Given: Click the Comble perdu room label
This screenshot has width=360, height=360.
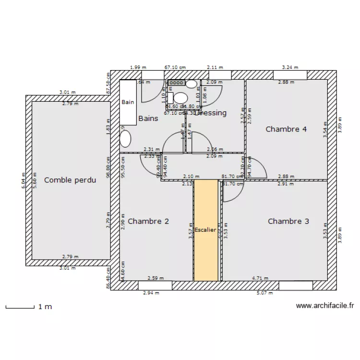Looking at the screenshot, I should point(70,180).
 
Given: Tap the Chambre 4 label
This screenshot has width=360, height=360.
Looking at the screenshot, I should point(286,129).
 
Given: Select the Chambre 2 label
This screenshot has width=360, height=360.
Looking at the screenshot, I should point(148,221).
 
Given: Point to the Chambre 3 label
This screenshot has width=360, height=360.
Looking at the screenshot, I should point(288,221).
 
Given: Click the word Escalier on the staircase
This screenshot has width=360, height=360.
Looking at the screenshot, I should point(205,230).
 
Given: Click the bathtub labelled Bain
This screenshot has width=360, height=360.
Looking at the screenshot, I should point(128,102).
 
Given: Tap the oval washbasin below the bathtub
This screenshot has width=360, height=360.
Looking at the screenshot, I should point(125,139).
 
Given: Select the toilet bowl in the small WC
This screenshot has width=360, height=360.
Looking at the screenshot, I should point(180,98).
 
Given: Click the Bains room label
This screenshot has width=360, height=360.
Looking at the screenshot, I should point(148,118).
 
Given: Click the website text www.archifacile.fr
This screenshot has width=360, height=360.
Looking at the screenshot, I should point(325,305).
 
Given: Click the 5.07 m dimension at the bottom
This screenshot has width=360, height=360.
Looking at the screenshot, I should point(264,293).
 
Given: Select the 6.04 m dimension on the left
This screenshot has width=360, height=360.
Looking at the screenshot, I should point(23,180).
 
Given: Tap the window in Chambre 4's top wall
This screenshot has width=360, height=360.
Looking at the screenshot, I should point(290,75).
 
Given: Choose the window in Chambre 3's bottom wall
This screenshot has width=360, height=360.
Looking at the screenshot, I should point(296,286).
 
